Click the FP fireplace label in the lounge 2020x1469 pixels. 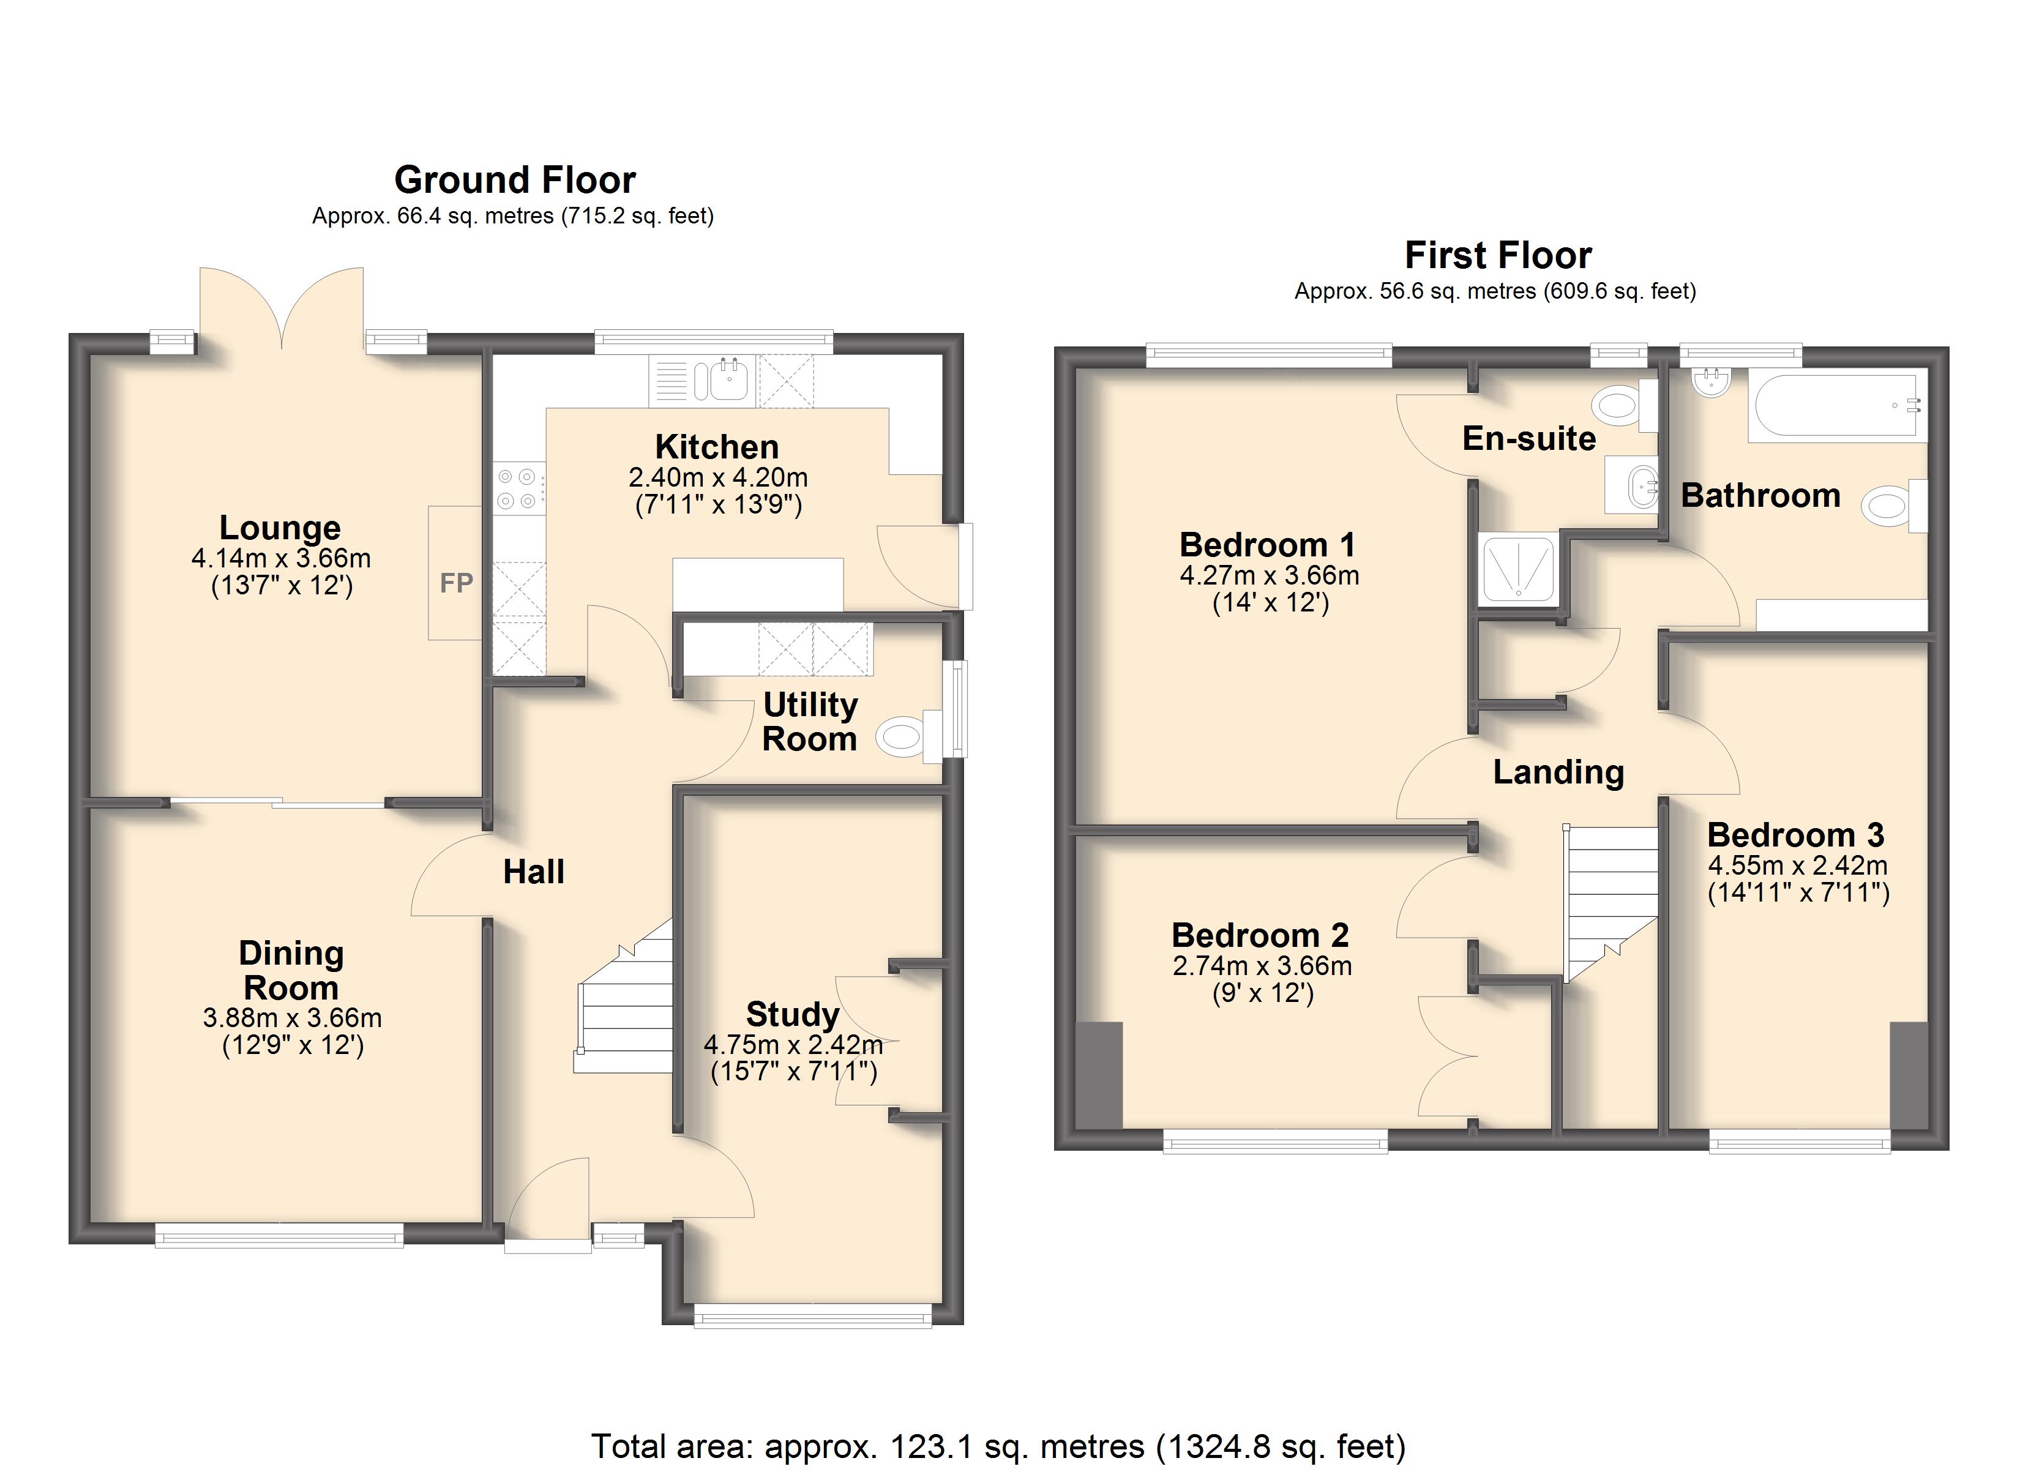click(456, 583)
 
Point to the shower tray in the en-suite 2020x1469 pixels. click(1517, 569)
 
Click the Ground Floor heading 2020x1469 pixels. click(515, 180)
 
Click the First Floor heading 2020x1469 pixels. click(1498, 256)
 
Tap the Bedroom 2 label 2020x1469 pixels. click(1260, 935)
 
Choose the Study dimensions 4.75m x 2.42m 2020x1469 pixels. click(793, 1044)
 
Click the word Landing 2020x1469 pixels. click(1558, 772)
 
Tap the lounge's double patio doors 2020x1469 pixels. click(282, 307)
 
